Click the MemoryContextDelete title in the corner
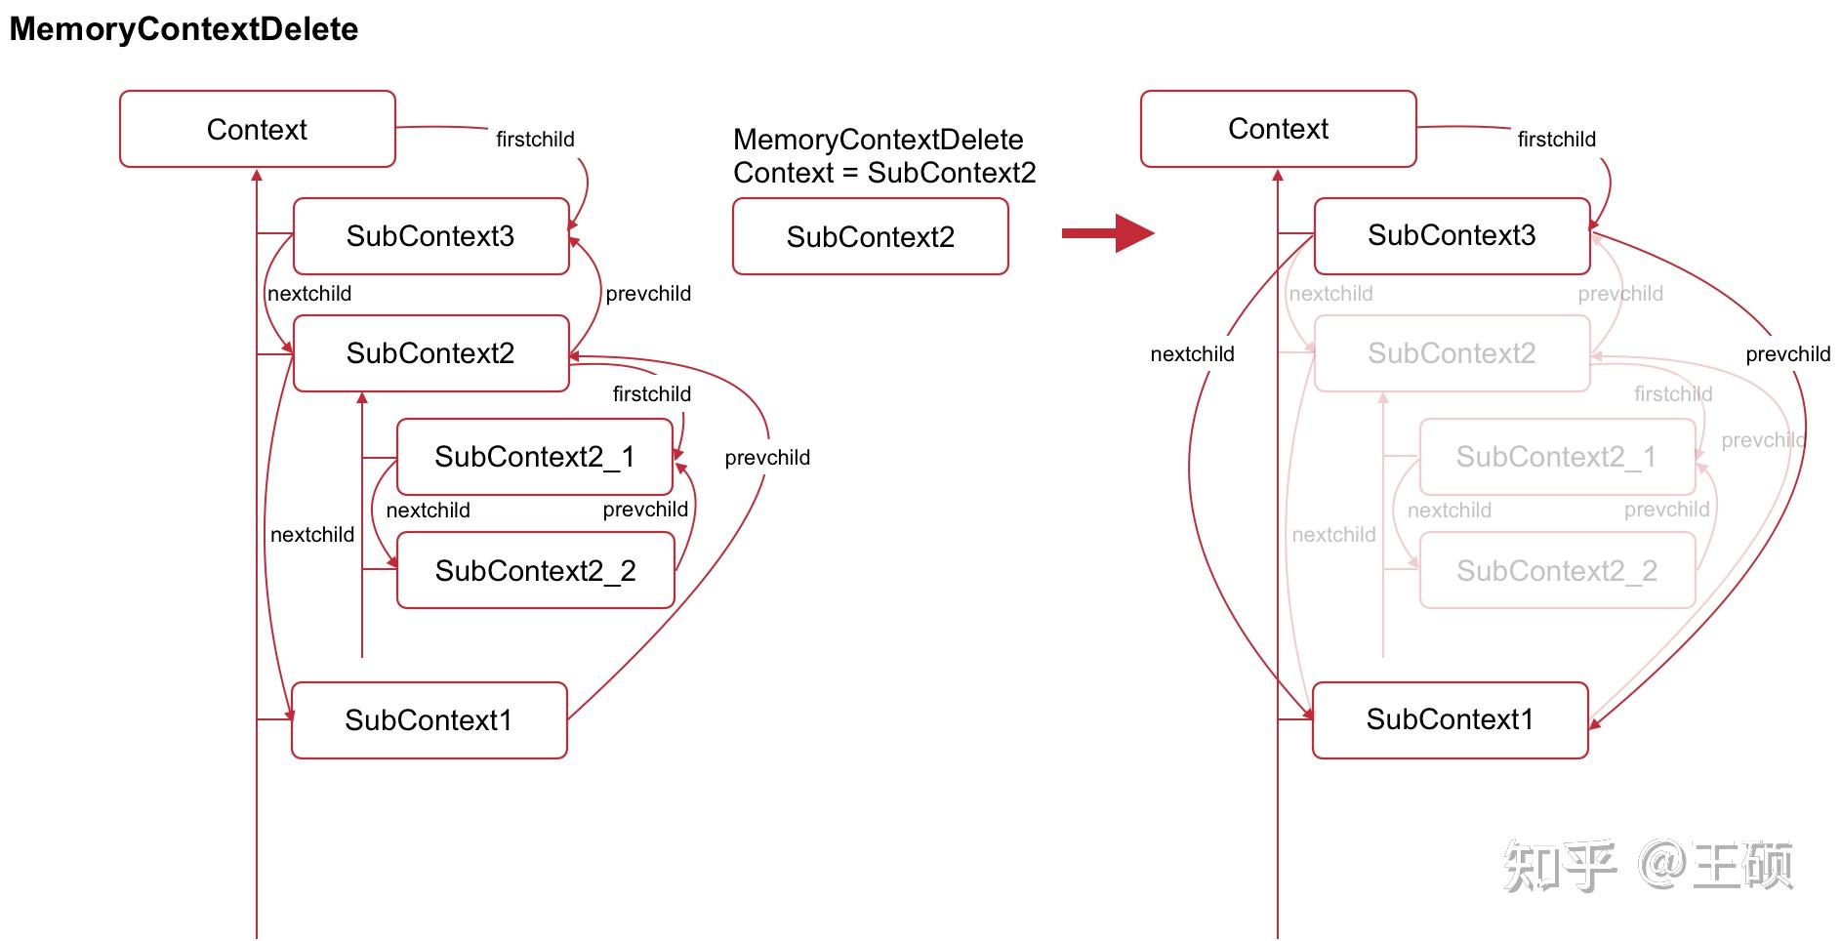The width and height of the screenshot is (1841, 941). coord(184,29)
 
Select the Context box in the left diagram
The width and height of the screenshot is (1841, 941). coord(257,129)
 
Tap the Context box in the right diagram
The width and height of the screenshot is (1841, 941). coord(1278,129)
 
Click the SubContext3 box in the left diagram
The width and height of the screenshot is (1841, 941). coord(430,236)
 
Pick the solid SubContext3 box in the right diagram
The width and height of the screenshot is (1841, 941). coord(1452,235)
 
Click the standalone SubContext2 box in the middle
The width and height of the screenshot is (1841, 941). coord(870,237)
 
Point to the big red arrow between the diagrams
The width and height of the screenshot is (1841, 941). coord(1107,232)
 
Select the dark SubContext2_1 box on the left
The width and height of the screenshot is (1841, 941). coord(534,457)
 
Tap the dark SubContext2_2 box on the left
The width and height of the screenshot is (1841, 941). coord(535,570)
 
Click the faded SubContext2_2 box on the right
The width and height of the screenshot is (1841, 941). coord(1557,570)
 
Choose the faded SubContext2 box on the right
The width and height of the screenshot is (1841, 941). coord(1452,353)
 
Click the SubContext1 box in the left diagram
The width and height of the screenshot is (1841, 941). coord(429,720)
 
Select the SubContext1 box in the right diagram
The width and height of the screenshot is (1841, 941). coord(1450,719)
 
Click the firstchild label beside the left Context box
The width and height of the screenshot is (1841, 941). coord(535,140)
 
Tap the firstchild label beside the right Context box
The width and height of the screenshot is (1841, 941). coord(1556,140)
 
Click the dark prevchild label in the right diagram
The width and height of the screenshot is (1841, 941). coord(1787,354)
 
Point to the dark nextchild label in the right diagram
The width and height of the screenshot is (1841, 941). coord(1192,354)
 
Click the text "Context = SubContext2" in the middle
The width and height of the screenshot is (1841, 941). coord(883,174)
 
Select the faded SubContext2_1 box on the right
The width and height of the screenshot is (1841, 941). coord(1556,457)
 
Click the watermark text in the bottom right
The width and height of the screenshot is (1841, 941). coord(1648,865)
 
